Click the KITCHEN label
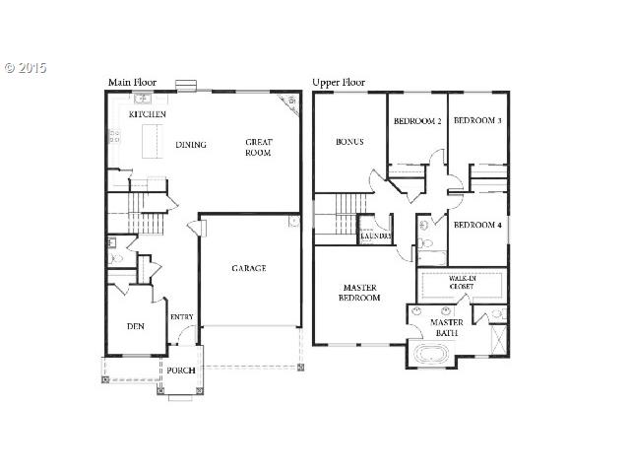pyautogui.click(x=147, y=114)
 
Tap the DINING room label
pyautogui.click(x=191, y=145)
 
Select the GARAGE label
pyautogui.click(x=249, y=268)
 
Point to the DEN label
pyautogui.click(x=136, y=326)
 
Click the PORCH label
pyautogui.click(x=181, y=371)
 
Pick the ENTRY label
pyautogui.click(x=181, y=317)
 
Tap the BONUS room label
pyautogui.click(x=349, y=142)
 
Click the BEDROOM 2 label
pyautogui.click(x=417, y=120)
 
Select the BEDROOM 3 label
pyautogui.click(x=477, y=120)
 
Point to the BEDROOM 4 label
pyautogui.click(x=477, y=225)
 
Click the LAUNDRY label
pyautogui.click(x=376, y=236)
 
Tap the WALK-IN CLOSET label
pyautogui.click(x=462, y=283)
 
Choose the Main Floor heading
pyautogui.click(x=133, y=83)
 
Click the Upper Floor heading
pyautogui.click(x=339, y=83)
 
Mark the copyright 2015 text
pyautogui.click(x=26, y=68)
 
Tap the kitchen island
pyautogui.click(x=153, y=141)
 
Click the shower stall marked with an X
pyautogui.click(x=499, y=340)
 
